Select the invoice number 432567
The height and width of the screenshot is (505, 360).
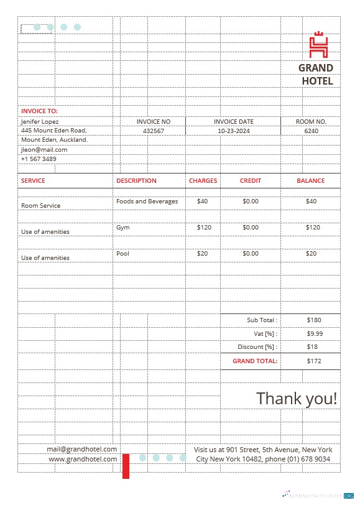pos(153,131)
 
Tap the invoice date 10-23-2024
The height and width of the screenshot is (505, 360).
pos(234,131)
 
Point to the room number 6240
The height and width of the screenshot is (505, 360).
pos(311,131)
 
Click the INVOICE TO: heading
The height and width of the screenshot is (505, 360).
pos(39,111)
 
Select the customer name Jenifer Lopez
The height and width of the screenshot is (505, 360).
pos(40,121)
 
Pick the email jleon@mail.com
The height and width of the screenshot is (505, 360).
pos(44,149)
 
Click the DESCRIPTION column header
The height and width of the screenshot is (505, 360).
pos(136,180)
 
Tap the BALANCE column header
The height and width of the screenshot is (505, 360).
pos(310,180)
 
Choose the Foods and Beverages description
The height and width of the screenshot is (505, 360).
pos(147,202)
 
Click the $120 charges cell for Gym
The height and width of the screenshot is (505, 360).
pos(204,228)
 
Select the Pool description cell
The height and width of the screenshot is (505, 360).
pos(122,254)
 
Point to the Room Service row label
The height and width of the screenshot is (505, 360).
pos(41,205)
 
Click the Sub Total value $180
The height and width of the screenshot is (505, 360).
pos(314,320)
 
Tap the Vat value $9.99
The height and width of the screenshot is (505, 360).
pos(315,333)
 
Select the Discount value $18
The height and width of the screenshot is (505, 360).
pos(312,346)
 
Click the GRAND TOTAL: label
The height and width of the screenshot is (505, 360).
pos(255,361)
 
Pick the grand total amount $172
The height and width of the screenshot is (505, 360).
pos(314,361)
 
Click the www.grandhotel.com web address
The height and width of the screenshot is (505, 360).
pos(83,459)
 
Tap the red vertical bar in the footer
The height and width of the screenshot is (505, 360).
pos(126,466)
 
